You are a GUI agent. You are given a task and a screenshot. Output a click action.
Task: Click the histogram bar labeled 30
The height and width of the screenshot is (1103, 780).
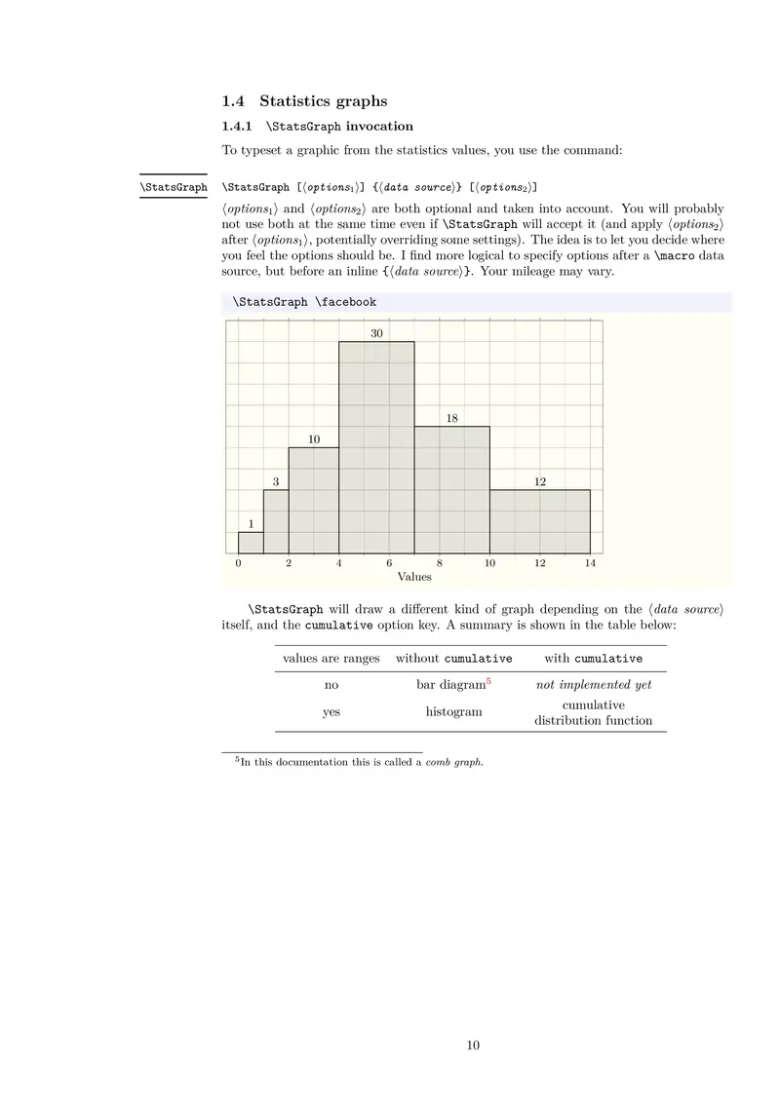coord(376,448)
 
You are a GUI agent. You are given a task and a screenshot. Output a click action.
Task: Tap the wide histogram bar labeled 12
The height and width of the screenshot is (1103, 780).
coord(539,521)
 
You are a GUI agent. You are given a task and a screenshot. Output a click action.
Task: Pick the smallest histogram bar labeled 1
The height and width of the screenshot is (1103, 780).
coord(251,543)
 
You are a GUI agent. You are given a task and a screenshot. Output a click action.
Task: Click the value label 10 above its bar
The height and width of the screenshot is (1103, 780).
coord(314,439)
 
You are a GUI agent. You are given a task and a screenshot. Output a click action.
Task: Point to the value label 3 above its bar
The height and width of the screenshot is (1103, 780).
coord(276,481)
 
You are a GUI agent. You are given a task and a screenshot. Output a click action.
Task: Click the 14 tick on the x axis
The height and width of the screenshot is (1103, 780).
coord(590,563)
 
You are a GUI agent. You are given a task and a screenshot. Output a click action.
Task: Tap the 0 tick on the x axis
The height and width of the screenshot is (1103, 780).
coord(239,563)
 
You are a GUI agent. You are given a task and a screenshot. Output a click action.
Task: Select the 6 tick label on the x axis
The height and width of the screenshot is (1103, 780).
coord(389,563)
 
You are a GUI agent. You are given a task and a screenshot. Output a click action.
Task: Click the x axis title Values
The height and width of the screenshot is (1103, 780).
coord(414,577)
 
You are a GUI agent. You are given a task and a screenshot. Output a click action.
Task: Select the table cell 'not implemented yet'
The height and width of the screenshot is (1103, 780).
coord(593,685)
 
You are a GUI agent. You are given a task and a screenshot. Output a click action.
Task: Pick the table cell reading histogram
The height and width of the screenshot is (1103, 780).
coord(453,712)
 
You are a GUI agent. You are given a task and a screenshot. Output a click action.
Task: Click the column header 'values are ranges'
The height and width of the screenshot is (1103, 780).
coord(331,659)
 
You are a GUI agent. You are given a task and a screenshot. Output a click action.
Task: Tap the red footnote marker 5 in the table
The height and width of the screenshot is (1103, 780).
coord(487,681)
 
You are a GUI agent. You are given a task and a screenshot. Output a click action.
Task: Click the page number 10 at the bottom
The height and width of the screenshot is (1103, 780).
coord(473,1046)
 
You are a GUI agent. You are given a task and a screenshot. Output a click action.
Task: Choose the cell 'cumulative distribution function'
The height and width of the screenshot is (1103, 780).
coord(593,713)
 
